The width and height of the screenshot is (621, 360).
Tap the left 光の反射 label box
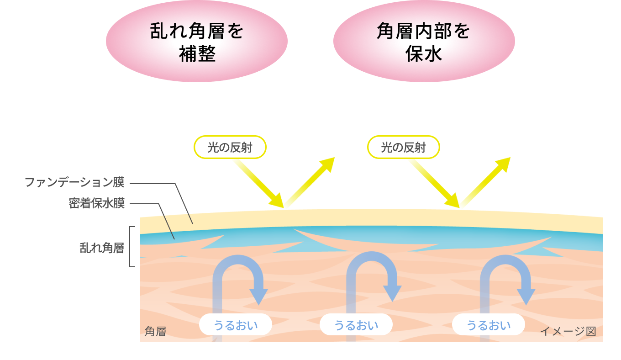coord(230,147)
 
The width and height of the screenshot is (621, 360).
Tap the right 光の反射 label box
coord(403,147)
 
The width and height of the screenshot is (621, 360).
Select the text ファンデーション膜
coord(74,183)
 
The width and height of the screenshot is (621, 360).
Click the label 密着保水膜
coord(96,203)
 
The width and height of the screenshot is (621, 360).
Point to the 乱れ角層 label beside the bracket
coord(102,248)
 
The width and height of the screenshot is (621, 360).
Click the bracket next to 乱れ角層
coord(132,247)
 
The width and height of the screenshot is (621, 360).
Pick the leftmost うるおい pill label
coord(236,325)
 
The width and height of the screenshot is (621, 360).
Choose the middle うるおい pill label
coord(356,325)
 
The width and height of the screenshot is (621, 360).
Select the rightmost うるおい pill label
coord(488,325)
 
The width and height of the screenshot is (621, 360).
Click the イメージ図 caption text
coord(568,331)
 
